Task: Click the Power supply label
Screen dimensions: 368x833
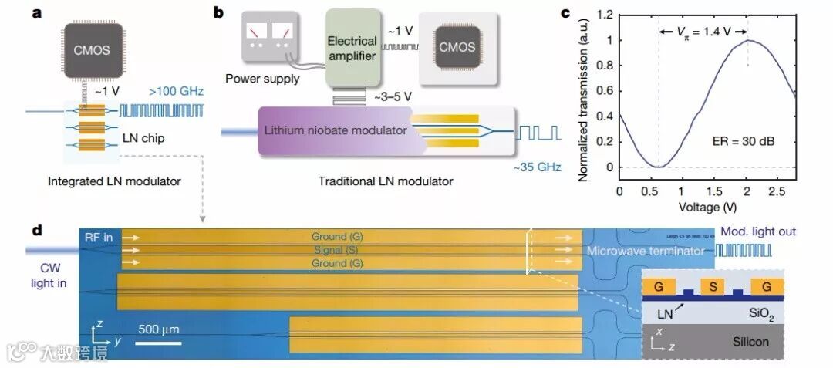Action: (x=261, y=78)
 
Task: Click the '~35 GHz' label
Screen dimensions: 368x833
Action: (x=538, y=165)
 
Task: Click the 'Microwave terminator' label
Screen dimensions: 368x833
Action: (x=646, y=252)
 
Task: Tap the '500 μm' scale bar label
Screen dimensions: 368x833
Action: (x=159, y=329)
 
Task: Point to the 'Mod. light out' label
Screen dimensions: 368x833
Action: (x=758, y=231)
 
